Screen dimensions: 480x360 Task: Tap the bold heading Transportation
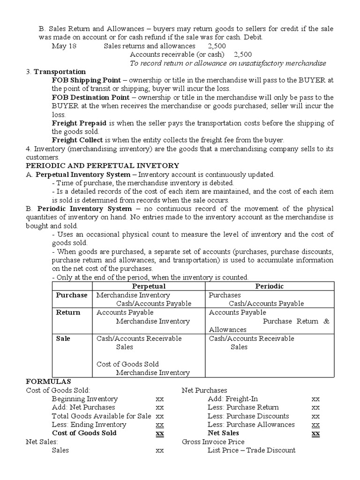60,72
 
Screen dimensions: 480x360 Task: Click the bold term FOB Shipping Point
86,80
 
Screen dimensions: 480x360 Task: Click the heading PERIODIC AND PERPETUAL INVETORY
102,165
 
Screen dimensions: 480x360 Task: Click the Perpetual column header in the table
149,286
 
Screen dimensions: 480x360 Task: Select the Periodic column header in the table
269,286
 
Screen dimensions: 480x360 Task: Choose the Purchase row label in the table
72,295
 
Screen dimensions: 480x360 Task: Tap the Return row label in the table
68,312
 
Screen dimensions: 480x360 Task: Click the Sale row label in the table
63,338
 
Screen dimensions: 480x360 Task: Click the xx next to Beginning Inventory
159,399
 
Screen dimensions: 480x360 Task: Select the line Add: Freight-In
232,399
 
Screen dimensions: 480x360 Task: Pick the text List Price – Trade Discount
251,450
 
